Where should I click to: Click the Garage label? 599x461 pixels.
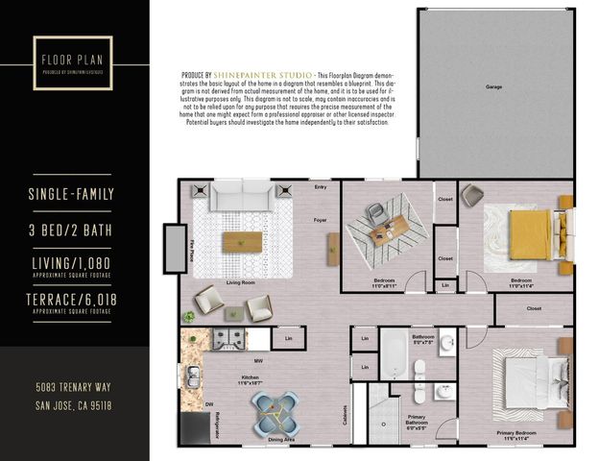click(493, 87)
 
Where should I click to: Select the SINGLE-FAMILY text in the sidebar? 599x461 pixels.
click(72, 195)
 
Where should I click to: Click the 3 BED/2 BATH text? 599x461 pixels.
click(72, 230)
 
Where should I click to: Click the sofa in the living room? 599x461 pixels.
click(242, 198)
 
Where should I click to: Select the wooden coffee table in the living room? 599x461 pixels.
click(242, 242)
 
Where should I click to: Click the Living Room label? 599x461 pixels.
click(240, 283)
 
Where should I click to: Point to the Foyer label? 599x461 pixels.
click(321, 220)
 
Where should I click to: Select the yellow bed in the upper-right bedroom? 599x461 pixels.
click(529, 231)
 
